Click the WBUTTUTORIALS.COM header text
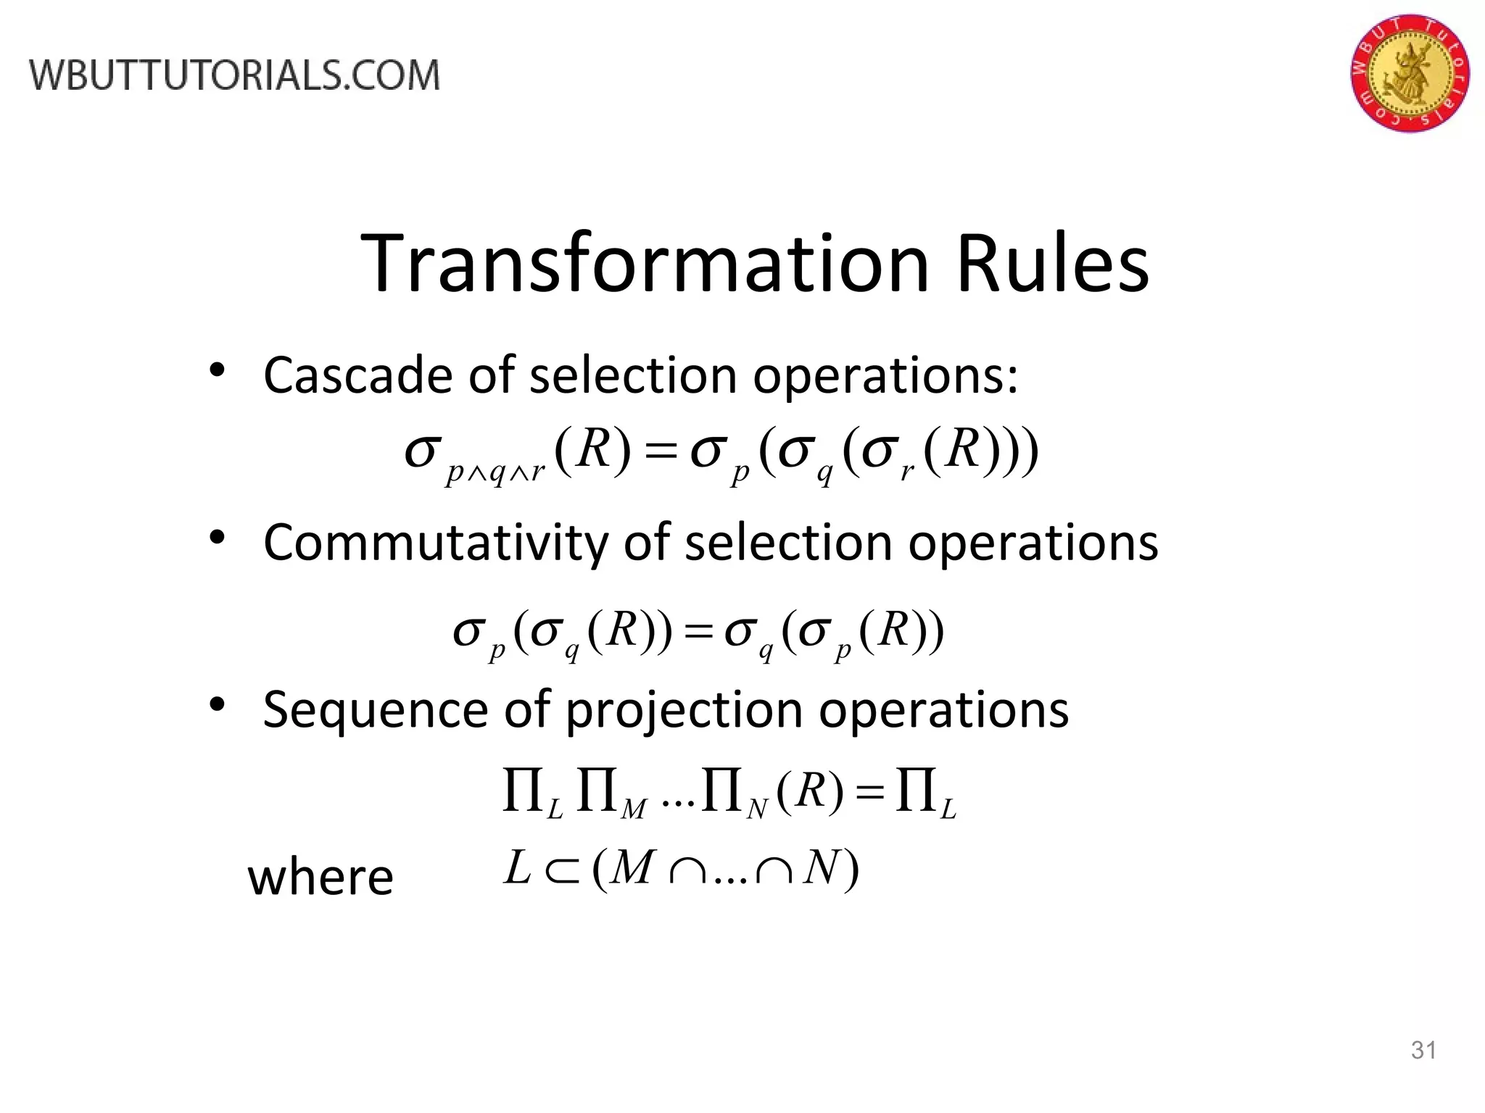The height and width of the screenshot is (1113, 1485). click(234, 75)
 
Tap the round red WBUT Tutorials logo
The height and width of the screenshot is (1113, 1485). click(1410, 72)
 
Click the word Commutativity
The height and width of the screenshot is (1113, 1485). click(432, 542)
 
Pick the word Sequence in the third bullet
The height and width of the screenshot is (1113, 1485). click(376, 709)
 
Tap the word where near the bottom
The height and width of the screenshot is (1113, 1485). click(320, 877)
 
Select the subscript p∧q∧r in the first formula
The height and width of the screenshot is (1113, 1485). click(496, 473)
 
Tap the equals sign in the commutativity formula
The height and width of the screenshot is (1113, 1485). click(699, 632)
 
